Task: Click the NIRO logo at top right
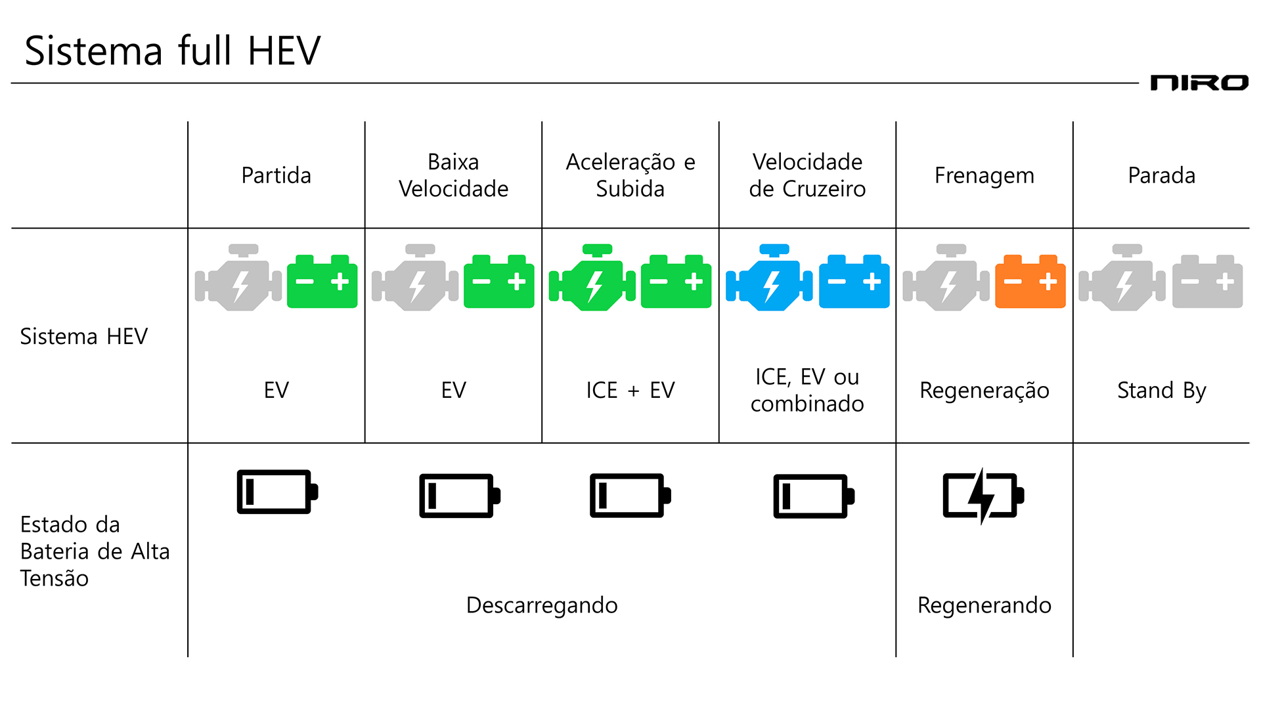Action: click(x=1199, y=83)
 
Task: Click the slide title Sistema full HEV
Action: click(x=172, y=51)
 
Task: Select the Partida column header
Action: click(x=276, y=175)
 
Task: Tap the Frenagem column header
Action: click(x=984, y=175)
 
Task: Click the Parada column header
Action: click(x=1161, y=175)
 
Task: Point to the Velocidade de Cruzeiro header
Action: click(x=807, y=175)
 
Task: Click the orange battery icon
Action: click(x=1030, y=282)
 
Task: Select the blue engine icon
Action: click(x=769, y=280)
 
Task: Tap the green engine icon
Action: click(x=592, y=280)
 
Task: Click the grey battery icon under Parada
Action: click(x=1207, y=282)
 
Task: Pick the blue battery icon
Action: click(x=854, y=282)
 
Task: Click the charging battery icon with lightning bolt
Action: click(x=983, y=496)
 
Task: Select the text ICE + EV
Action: click(x=630, y=390)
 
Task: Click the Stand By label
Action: click(x=1161, y=390)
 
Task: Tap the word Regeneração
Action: click(x=984, y=391)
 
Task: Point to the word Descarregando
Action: click(x=541, y=605)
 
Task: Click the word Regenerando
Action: click(x=984, y=605)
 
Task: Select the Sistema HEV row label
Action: click(x=83, y=336)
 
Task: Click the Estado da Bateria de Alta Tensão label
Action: click(x=94, y=551)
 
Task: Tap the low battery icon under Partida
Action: click(x=277, y=492)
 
